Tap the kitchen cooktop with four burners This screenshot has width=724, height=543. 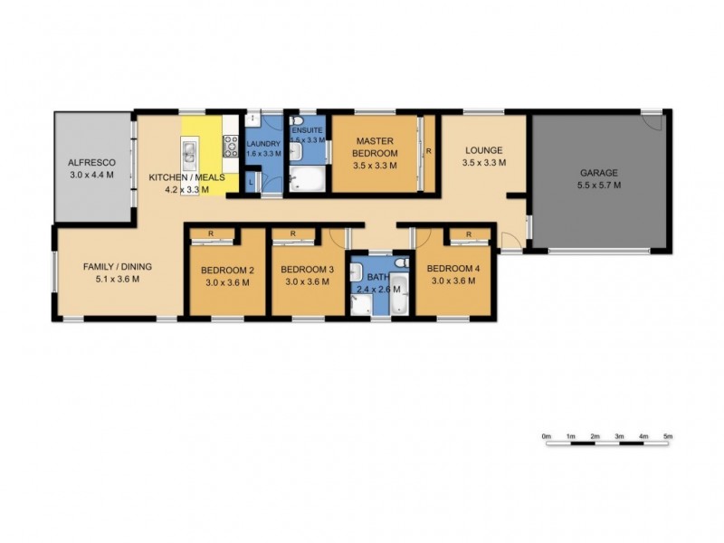(x=231, y=146)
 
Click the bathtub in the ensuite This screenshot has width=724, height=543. (x=306, y=180)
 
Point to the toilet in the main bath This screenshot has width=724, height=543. (x=401, y=263)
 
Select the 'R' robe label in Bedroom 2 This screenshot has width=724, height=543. (x=210, y=233)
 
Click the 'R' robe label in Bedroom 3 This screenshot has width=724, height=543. (x=294, y=233)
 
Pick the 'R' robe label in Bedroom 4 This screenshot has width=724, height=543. (x=468, y=233)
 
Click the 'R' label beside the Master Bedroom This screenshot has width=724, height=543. (x=428, y=151)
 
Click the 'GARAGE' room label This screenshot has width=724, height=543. (x=598, y=173)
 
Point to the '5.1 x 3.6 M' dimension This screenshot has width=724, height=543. (x=117, y=281)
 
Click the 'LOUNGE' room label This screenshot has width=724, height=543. (x=483, y=150)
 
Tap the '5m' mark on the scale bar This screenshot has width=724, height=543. (x=668, y=436)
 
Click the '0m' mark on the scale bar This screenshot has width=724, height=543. (x=547, y=436)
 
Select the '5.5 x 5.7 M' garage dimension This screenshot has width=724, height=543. (x=598, y=185)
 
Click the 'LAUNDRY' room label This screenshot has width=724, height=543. (x=264, y=143)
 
